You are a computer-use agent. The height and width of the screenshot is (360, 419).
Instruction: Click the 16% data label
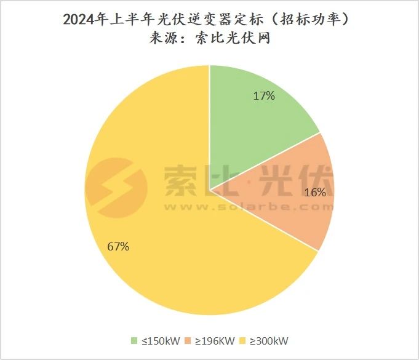click(x=315, y=192)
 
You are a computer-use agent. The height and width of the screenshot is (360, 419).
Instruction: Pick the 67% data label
click(x=118, y=247)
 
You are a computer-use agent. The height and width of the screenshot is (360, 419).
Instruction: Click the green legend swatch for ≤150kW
click(x=134, y=340)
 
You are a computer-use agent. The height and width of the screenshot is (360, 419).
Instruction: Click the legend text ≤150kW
click(x=157, y=340)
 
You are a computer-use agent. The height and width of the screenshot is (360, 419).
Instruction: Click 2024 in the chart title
click(x=79, y=19)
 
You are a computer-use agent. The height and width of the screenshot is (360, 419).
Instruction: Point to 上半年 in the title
click(x=123, y=19)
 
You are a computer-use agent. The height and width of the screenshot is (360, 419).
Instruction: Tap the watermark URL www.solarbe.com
click(x=246, y=207)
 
